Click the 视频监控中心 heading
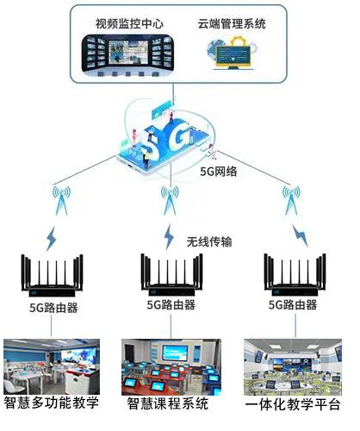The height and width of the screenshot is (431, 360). click(x=129, y=23)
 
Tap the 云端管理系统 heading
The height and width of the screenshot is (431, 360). click(x=232, y=23)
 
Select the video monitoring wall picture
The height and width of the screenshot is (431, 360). click(x=127, y=55)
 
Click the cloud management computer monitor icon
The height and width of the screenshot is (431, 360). click(x=233, y=53)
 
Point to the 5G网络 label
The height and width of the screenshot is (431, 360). click(x=219, y=172)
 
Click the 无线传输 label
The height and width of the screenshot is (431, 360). click(x=209, y=241)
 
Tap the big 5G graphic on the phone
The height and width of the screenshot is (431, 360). click(x=165, y=141)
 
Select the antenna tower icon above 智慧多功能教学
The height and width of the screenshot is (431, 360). click(x=61, y=200)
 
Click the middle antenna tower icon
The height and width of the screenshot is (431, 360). click(x=170, y=200)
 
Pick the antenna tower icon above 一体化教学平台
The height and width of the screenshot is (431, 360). click(x=291, y=200)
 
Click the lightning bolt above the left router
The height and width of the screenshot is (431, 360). click(x=52, y=239)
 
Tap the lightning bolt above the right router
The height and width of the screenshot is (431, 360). click(x=300, y=235)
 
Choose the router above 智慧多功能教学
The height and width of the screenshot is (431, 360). click(x=52, y=276)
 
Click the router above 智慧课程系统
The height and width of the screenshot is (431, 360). click(x=171, y=275)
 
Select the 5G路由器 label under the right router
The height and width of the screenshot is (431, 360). click(x=293, y=305)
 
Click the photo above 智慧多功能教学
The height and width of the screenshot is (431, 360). click(x=52, y=366)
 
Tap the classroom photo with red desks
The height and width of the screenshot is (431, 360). click(x=171, y=367)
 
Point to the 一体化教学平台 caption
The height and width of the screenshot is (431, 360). click(x=293, y=404)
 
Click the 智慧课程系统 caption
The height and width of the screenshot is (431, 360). click(x=168, y=403)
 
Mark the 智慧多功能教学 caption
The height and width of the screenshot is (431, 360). click(x=52, y=403)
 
